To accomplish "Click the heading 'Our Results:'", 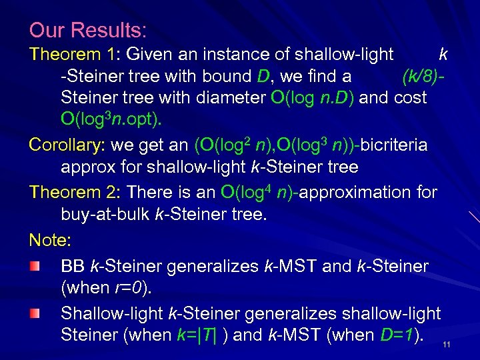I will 87,30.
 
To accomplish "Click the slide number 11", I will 447,345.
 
